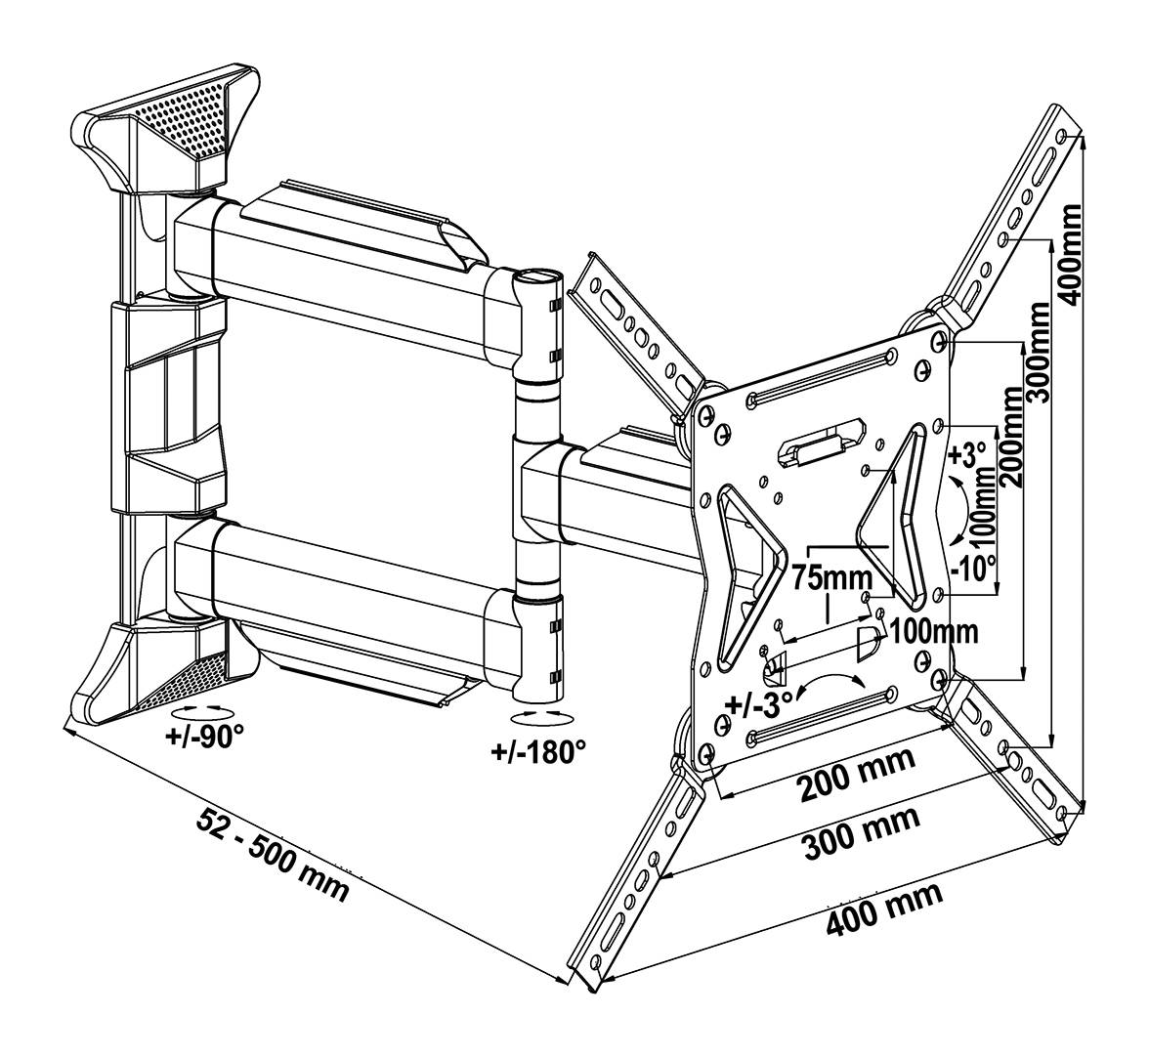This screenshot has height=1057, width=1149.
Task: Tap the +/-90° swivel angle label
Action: (203, 736)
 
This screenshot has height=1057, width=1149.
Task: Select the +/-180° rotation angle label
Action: (538, 751)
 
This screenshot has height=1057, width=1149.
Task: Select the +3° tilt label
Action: (967, 457)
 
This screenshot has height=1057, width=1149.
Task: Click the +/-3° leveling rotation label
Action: (756, 703)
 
